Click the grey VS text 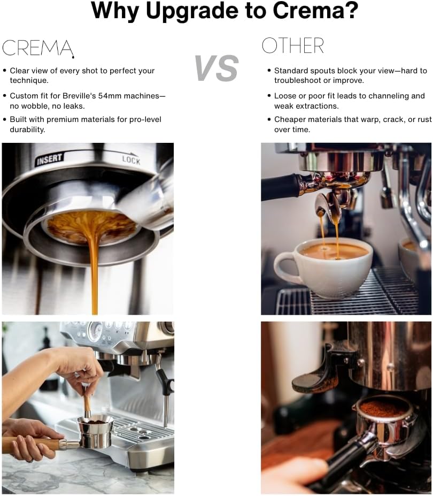[216, 68]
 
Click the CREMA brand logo [37, 48]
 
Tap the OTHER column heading [292, 47]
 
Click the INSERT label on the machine [50, 159]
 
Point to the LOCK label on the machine [130, 159]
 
